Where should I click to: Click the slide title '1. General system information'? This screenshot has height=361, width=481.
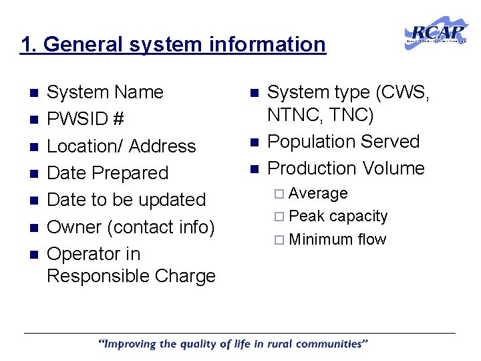(173, 45)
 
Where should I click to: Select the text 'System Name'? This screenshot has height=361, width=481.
(105, 92)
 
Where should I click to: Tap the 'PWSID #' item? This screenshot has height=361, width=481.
(86, 119)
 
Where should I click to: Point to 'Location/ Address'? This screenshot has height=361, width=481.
(121, 146)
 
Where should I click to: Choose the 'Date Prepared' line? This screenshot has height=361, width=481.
(108, 172)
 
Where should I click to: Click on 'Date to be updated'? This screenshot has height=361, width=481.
(126, 199)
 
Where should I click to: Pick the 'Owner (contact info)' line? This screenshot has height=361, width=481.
(131, 227)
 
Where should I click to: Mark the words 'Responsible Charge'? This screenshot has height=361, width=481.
(131, 276)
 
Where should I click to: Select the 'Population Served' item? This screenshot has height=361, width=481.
(343, 142)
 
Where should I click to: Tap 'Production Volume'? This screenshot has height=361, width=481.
(346, 168)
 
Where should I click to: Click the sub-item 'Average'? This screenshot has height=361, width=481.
(319, 194)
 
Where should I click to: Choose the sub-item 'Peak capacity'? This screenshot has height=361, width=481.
(338, 217)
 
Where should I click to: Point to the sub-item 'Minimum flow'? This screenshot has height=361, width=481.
(337, 239)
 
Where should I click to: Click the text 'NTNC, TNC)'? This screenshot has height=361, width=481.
(321, 115)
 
